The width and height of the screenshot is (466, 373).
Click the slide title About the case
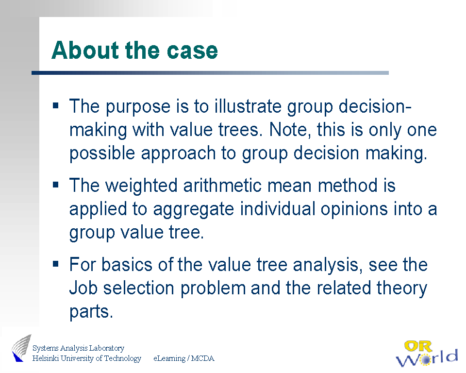134,51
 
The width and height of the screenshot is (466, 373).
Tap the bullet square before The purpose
55,105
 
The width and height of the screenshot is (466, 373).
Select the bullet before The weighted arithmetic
55,185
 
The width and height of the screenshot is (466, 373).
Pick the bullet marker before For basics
55,264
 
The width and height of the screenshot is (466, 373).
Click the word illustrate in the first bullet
248,106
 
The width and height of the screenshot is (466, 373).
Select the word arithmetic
222,186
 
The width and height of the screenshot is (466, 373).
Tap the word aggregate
194,209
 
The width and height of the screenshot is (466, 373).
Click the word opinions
354,209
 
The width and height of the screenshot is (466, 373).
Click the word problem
213,289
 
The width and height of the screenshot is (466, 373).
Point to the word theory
401,289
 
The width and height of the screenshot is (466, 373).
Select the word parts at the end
91,312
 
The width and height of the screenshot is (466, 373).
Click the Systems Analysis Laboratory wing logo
21,348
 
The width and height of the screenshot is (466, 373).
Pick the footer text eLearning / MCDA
184,358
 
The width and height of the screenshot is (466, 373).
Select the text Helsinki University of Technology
87,358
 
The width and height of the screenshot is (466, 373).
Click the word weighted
142,186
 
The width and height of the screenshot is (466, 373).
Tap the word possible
102,154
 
